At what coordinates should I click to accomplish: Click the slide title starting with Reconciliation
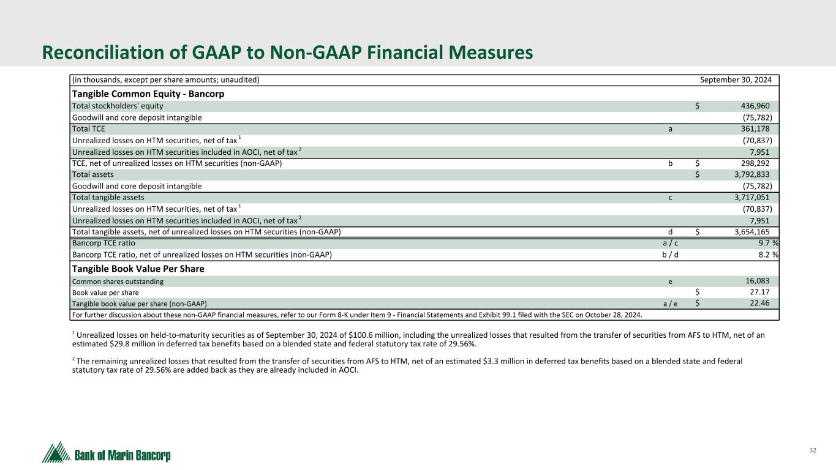tap(287, 53)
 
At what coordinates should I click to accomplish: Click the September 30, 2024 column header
tap(735, 80)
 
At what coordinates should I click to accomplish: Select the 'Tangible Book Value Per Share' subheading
tap(138, 269)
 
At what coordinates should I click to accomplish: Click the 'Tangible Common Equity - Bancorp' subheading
tap(148, 94)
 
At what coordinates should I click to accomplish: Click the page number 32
tap(813, 450)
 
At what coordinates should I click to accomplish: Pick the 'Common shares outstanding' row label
tap(118, 282)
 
